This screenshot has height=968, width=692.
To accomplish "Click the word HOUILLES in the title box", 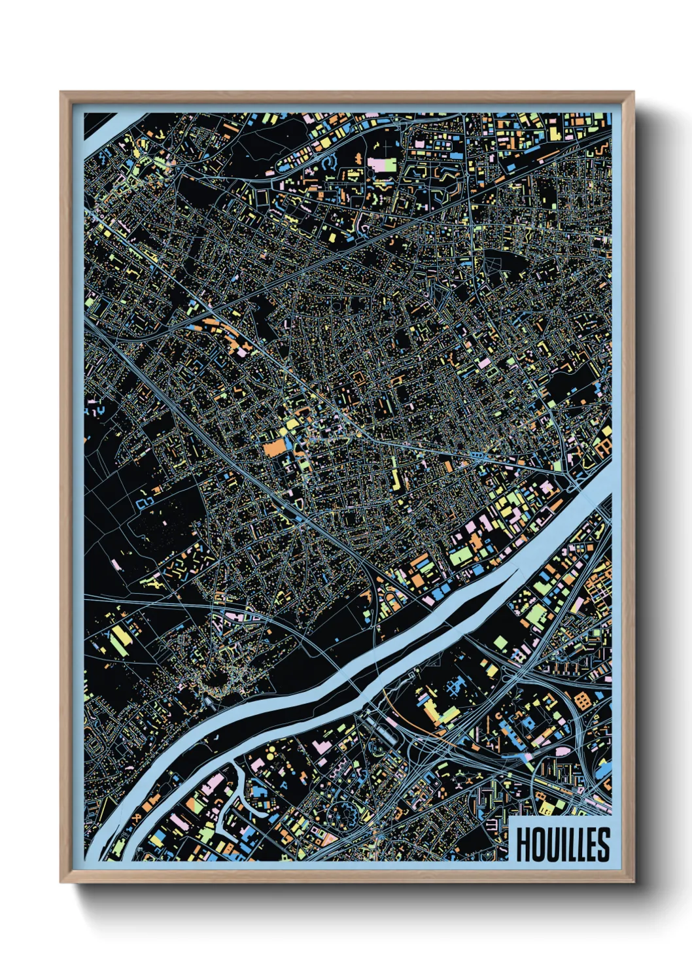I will (x=563, y=844).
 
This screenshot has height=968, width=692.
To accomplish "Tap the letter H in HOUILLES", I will (x=523, y=844).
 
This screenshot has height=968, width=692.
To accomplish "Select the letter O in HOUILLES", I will (x=536, y=844).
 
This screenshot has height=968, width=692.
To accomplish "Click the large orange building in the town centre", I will (x=275, y=448).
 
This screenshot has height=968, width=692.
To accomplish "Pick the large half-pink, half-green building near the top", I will (x=382, y=164).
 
